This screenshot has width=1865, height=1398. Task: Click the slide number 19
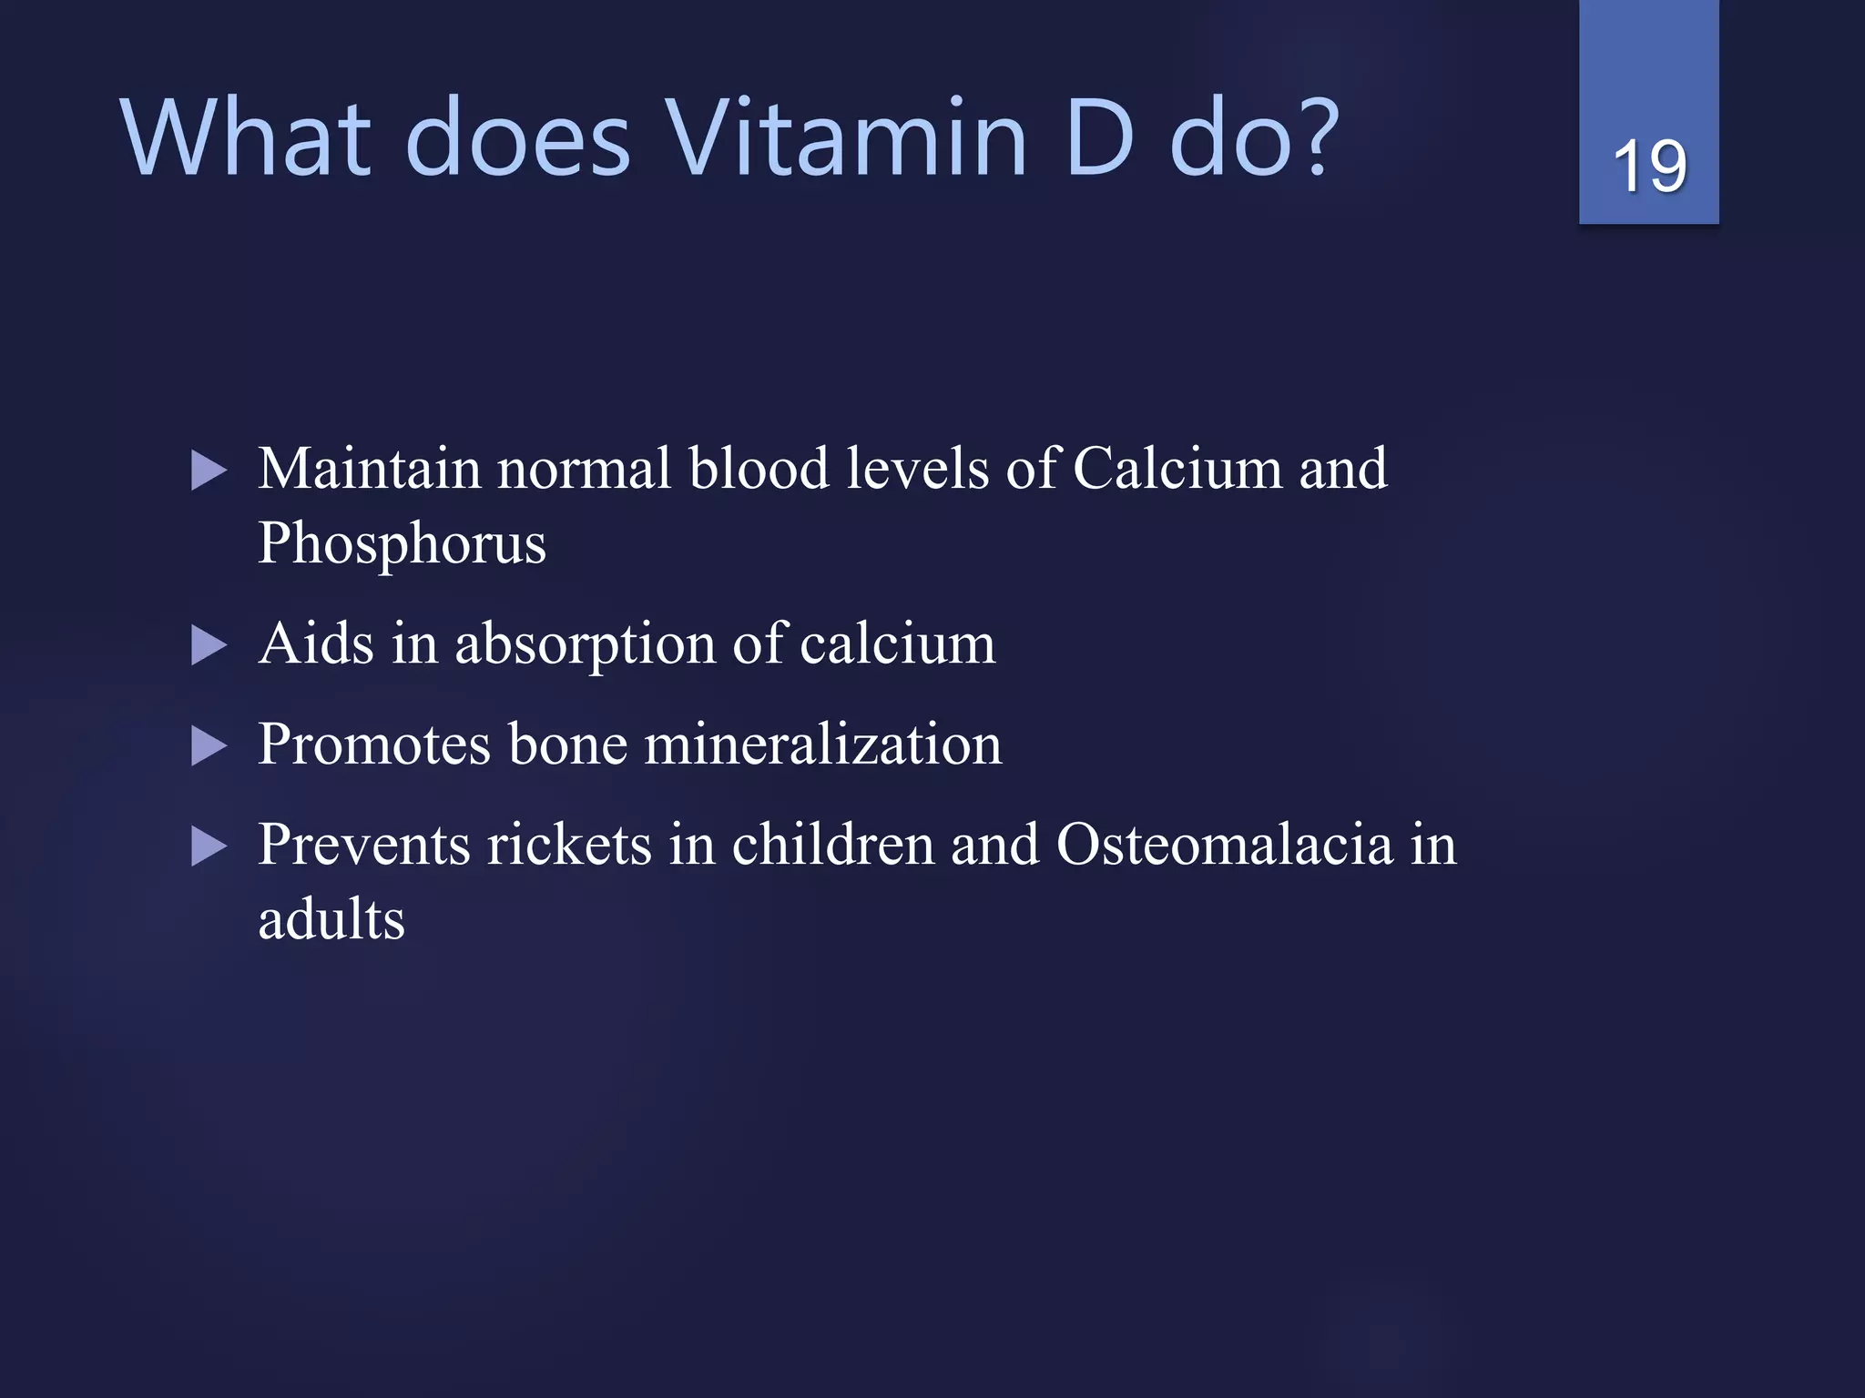1649,167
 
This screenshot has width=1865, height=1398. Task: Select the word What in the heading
246,139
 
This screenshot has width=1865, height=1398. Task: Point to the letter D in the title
1099,139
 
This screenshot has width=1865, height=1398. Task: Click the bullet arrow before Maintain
209,471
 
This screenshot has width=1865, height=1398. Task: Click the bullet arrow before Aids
209,646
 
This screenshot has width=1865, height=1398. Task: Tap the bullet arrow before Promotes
209,746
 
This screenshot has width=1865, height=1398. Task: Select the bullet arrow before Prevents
209,847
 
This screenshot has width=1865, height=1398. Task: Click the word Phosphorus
402,545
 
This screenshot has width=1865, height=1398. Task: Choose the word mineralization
823,745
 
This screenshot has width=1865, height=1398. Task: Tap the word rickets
569,846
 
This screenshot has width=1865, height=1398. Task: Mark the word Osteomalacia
1224,846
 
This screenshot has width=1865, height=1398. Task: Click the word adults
331,920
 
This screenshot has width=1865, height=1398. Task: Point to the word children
832,846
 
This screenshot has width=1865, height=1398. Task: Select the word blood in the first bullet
759,470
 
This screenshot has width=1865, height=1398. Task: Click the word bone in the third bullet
567,745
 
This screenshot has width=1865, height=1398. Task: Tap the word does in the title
516,139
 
